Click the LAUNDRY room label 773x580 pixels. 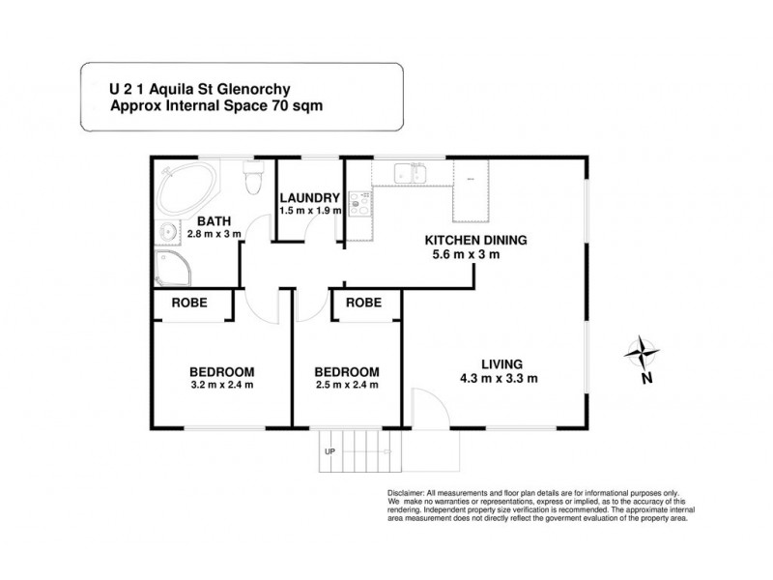[x=308, y=196]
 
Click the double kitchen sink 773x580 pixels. [x=411, y=175]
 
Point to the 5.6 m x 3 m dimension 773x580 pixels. [x=473, y=256]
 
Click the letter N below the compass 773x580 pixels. [x=645, y=379]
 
